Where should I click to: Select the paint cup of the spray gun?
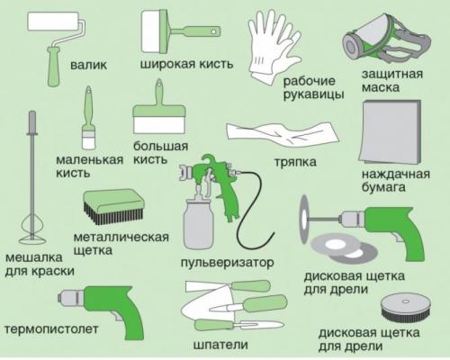coord(198,220)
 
